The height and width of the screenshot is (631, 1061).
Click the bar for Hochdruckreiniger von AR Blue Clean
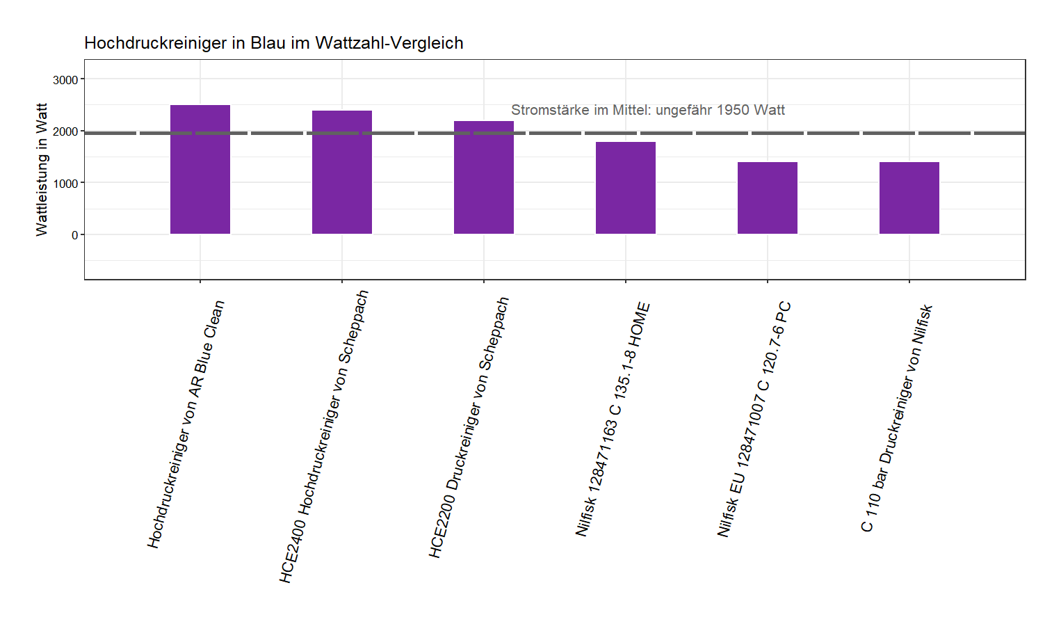point(200,170)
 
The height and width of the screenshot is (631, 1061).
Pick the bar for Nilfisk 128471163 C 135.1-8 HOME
point(626,188)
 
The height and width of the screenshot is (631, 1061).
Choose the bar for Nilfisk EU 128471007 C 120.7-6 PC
point(768,198)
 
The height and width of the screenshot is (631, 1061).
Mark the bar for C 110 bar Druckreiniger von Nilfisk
point(909,198)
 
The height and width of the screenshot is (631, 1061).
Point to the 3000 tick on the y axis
point(66,80)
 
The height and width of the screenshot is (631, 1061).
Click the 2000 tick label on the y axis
point(66,131)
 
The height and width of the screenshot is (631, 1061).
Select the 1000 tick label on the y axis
point(66,183)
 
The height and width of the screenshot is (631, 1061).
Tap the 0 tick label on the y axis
point(74,235)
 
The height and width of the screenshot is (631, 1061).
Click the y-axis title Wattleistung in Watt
point(42,170)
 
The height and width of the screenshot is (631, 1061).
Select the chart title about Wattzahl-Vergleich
point(274,43)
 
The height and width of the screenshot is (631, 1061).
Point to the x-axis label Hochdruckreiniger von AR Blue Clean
point(186,424)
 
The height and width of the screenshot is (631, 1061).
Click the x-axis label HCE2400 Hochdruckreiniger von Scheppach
point(324,437)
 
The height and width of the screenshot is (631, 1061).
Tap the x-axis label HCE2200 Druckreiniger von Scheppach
point(469,428)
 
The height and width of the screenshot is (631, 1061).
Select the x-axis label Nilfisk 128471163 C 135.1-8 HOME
point(613,419)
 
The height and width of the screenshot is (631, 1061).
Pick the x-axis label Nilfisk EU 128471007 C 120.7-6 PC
point(754,419)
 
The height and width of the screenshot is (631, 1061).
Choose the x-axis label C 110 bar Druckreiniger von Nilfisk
point(897,418)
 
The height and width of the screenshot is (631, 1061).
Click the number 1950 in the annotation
point(732,110)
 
